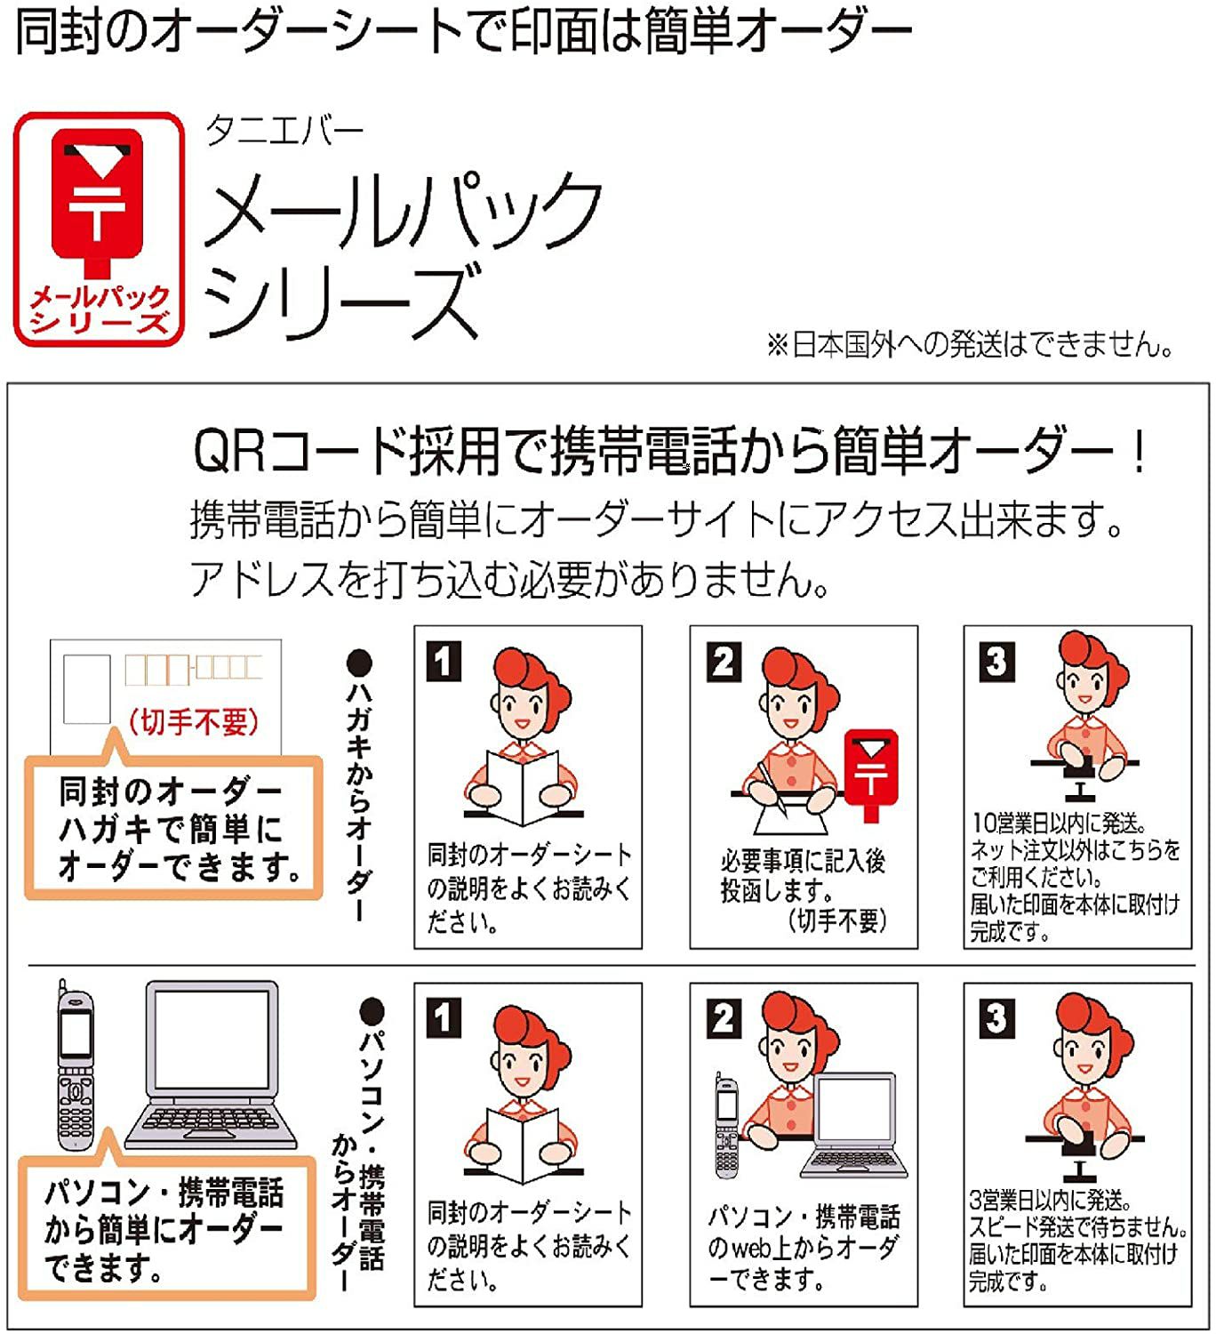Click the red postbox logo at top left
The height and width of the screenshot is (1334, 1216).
99,229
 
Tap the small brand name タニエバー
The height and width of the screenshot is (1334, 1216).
284,131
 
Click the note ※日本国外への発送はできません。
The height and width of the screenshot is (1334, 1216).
969,344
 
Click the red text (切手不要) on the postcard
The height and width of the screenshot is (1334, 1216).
194,721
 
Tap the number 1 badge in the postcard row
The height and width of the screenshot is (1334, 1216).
444,661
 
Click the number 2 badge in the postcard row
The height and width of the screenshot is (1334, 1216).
724,661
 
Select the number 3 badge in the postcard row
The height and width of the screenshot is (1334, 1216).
997,661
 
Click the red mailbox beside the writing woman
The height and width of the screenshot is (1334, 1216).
872,775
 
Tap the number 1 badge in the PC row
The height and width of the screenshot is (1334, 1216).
444,1018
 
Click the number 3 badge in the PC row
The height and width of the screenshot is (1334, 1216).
997,1018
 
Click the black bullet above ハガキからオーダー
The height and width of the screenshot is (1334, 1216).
360,663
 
